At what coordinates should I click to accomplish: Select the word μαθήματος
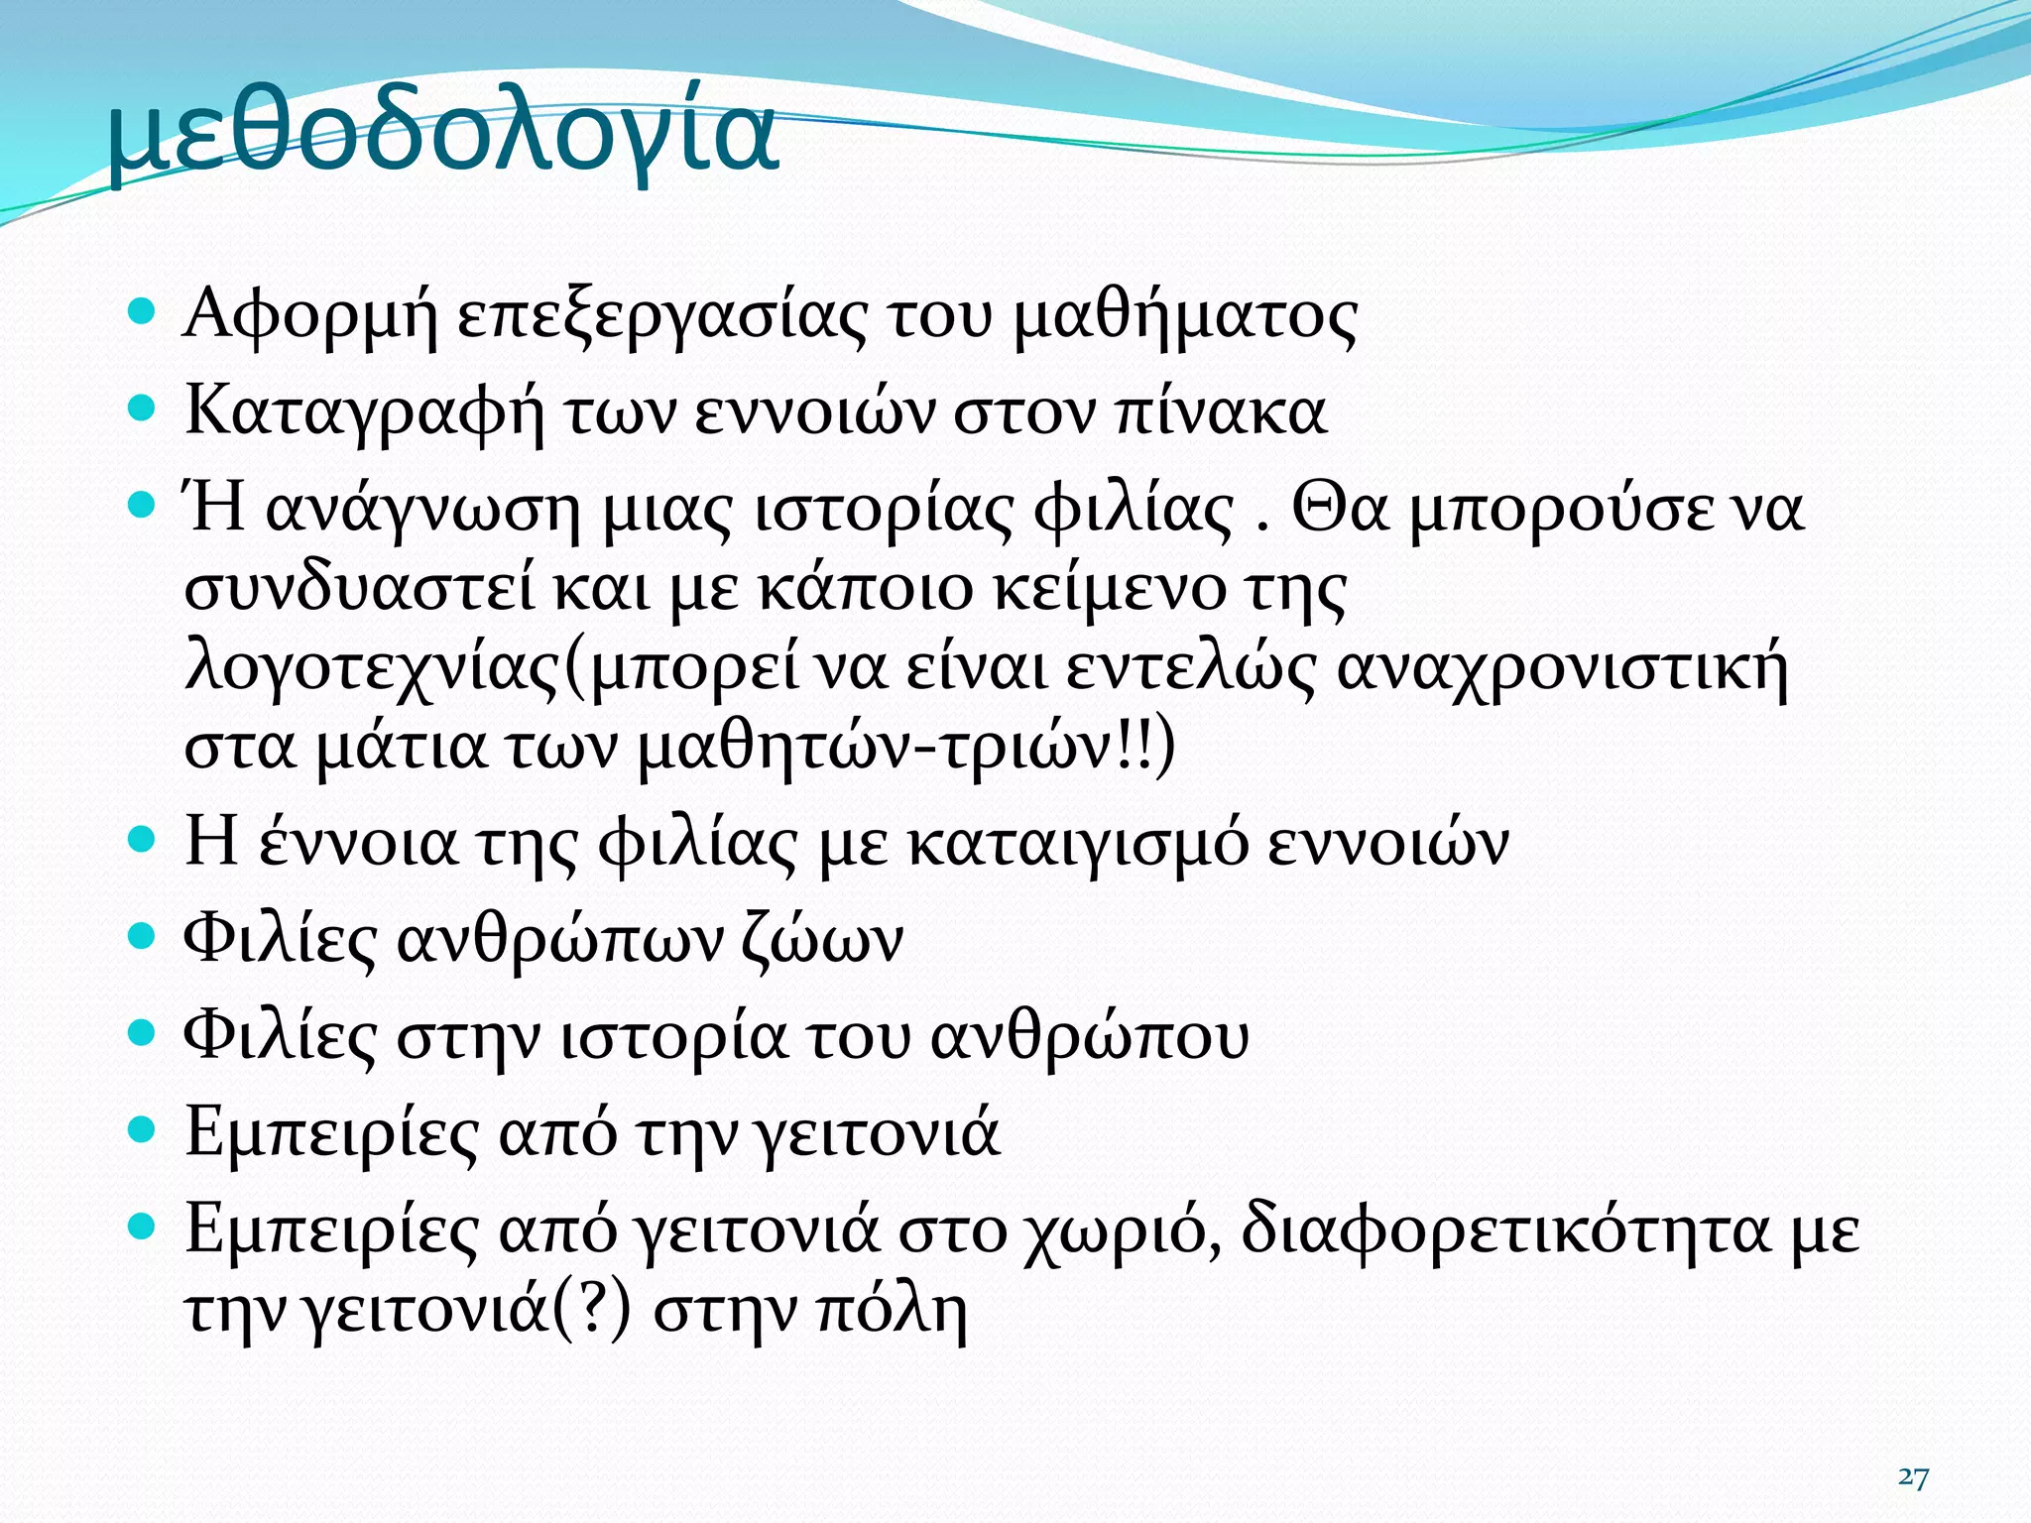click(x=1186, y=317)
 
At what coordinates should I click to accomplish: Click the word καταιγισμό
click(x=1078, y=845)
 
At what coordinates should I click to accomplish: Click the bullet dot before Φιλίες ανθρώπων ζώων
click(x=143, y=935)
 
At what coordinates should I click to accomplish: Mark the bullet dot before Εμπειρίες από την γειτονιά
click(x=143, y=1127)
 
